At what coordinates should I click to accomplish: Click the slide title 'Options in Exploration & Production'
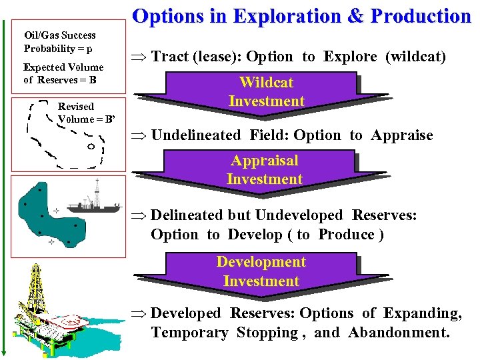pos(302,16)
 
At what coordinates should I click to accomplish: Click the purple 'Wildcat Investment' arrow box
pos(266,92)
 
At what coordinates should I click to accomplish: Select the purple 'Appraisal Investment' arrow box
pos(265,170)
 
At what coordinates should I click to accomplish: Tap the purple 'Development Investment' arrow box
pos(261,271)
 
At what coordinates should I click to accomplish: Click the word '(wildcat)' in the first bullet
pos(415,57)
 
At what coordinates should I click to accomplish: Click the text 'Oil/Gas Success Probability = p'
pos(59,41)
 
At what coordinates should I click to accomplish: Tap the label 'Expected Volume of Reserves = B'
pos(63,73)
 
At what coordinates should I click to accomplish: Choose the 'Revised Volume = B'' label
pos(87,113)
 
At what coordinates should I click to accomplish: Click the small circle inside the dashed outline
pos(89,147)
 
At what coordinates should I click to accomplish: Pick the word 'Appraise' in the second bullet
pos(402,135)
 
